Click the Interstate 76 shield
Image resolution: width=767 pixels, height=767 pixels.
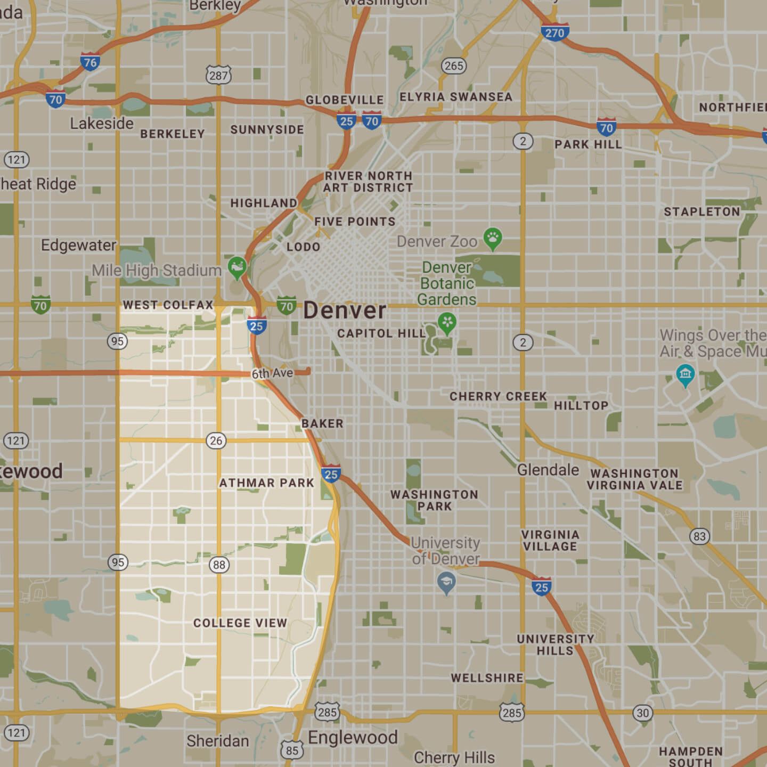coord(90,62)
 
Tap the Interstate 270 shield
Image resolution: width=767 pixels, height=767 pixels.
coord(554,32)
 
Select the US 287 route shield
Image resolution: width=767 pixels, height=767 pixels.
coord(218,75)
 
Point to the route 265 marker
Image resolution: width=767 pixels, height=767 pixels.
coord(454,66)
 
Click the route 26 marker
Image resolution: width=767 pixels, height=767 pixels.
coord(216,440)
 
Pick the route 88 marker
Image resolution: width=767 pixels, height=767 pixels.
coord(219,565)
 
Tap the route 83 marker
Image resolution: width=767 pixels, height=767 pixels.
coord(700,536)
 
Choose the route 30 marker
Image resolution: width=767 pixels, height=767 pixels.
coord(643,713)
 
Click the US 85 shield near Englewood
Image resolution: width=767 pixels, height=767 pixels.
coord(292,750)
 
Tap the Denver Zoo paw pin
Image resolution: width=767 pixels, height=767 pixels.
coord(493,238)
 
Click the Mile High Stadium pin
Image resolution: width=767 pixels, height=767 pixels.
coord(237,266)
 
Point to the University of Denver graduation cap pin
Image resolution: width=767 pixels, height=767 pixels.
coord(446,582)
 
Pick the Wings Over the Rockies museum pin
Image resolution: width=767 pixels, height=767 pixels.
coord(685,374)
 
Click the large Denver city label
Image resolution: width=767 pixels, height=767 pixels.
coord(345,311)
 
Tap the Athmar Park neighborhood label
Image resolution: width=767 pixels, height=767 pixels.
coord(267,483)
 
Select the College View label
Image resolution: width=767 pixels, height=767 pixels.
coord(240,623)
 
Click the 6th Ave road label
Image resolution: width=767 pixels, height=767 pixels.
coord(272,373)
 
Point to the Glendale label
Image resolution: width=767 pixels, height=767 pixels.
coord(548,470)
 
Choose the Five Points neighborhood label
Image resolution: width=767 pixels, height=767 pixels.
coord(355,222)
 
